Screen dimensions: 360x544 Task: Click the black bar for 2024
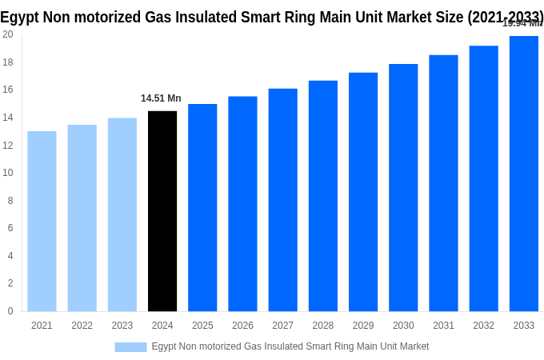(x=162, y=211)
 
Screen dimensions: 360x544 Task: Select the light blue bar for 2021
(x=42, y=222)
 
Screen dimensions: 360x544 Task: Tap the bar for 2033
(x=523, y=174)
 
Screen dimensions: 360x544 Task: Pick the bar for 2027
(x=282, y=200)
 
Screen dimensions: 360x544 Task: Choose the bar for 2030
(x=403, y=188)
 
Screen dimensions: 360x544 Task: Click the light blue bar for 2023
(x=122, y=214)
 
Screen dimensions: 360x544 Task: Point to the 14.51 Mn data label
(x=161, y=98)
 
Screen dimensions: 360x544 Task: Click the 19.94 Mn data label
(x=522, y=23)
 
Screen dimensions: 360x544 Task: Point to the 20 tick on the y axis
(x=7, y=34)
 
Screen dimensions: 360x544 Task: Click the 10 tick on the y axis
(x=7, y=173)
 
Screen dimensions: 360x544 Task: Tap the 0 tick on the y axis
(x=10, y=311)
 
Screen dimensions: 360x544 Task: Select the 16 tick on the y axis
(x=7, y=90)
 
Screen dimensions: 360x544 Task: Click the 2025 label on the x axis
(x=202, y=326)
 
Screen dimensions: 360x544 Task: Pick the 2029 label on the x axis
(x=363, y=326)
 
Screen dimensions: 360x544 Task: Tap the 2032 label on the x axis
(x=483, y=326)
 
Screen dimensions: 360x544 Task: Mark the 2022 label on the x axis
(x=82, y=326)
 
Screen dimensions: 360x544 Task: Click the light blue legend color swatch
(x=130, y=346)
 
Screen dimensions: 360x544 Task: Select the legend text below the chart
(x=290, y=346)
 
